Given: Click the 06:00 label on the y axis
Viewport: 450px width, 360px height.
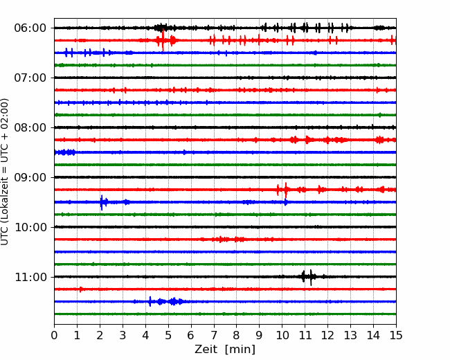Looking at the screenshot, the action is [x=30, y=28].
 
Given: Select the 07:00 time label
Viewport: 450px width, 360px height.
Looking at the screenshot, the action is [x=30, y=78].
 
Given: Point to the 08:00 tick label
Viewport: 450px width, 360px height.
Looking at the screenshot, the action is [x=30, y=128].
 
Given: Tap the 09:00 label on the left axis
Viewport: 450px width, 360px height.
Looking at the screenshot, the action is [x=30, y=178].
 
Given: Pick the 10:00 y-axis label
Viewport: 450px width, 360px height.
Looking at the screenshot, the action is [x=30, y=227].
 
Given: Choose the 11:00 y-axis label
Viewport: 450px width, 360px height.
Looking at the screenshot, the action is [x=30, y=278].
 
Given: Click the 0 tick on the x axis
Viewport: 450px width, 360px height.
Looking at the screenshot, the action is [x=54, y=335].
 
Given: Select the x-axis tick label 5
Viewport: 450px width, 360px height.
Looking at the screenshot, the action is [x=168, y=335].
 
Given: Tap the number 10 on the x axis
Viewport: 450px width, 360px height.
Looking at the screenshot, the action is [x=282, y=335].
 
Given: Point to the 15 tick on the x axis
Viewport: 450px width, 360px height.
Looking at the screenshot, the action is [x=396, y=335].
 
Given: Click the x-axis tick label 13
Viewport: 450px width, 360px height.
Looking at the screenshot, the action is [x=350, y=335].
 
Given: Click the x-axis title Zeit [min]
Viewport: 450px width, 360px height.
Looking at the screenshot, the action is [x=225, y=350].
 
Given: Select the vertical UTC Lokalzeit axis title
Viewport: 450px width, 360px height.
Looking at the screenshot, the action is [x=5, y=172].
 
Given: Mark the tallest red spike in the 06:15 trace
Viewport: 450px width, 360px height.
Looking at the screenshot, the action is [x=163, y=40].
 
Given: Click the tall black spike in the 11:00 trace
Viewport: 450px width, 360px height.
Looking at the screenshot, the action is [x=311, y=278].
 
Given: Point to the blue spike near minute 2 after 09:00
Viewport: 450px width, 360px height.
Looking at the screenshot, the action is [x=102, y=202].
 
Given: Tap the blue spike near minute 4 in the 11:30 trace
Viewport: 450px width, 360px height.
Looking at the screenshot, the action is [x=150, y=301].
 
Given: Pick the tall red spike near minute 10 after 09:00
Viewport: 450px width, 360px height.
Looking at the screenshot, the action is [x=286, y=190].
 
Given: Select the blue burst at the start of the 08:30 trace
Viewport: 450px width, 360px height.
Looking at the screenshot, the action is [x=65, y=152].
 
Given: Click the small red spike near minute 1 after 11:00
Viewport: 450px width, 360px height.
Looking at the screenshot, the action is [x=80, y=289].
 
